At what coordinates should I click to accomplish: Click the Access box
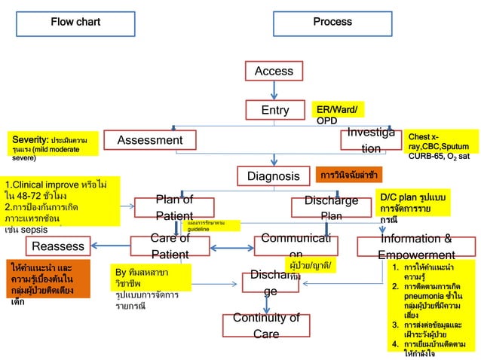pos(274,71)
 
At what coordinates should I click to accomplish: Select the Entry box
pos(275,110)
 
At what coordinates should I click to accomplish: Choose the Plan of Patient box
pos(174,207)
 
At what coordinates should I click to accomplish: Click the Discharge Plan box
pos(331,207)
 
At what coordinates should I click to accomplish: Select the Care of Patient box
pos(170,246)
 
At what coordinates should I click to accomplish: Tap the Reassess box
pos(58,246)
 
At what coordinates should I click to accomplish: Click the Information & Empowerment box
pos(426,246)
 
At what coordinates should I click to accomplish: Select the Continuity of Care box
pos(266,325)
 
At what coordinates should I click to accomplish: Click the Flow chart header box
pos(75,22)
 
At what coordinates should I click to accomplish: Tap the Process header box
pos(332,22)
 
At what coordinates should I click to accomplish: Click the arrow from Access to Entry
pos(274,90)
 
